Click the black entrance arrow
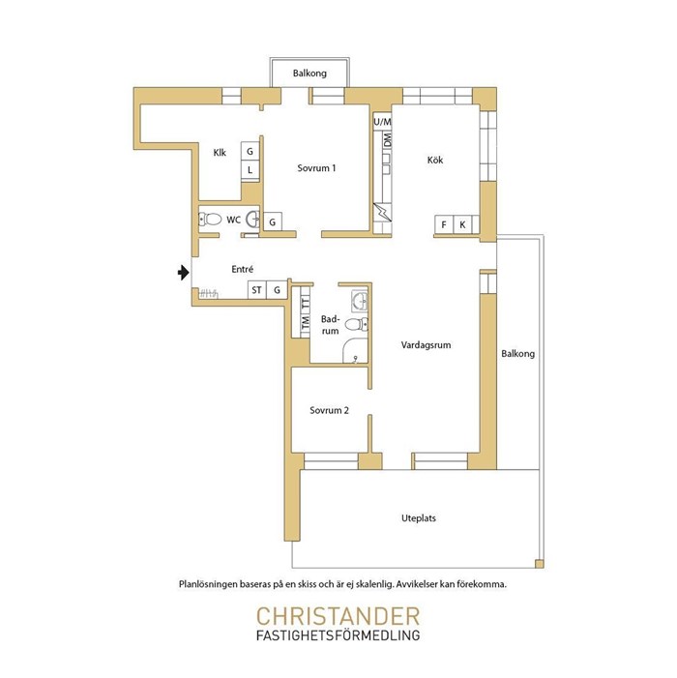[184, 273]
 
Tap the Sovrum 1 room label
[316, 168]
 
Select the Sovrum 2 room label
[329, 410]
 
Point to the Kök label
[435, 160]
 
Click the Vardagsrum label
[426, 345]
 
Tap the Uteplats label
[419, 518]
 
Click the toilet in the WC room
[210, 220]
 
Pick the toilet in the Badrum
[357, 323]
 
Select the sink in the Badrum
[360, 300]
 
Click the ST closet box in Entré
[257, 290]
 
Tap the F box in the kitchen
[444, 224]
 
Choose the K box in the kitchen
[462, 224]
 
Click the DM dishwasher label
[388, 139]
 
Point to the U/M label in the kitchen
[382, 122]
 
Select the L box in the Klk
[250, 170]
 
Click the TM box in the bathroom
[306, 322]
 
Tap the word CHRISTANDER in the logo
[338, 616]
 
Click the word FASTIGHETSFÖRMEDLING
[338, 635]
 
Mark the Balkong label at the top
[309, 74]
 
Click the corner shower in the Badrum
[355, 351]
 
